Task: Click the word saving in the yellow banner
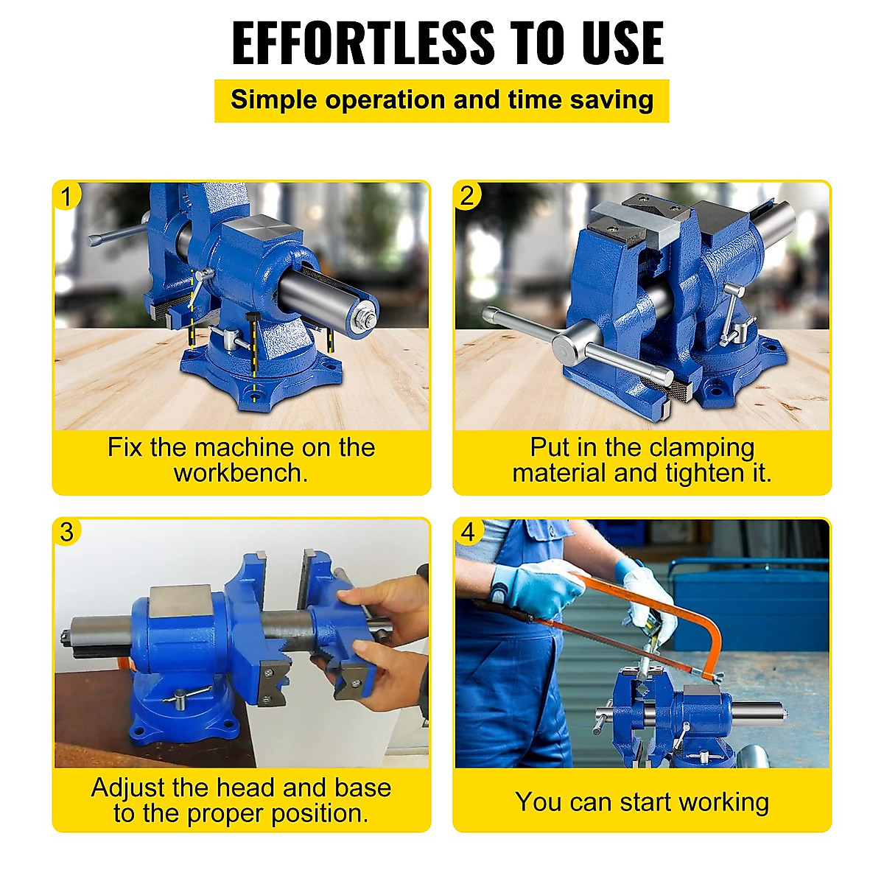coord(611,100)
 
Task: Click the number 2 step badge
coord(467,196)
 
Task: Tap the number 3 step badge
coord(67,532)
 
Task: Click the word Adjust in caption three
coord(128,788)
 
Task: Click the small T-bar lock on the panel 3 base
coord(184,696)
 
